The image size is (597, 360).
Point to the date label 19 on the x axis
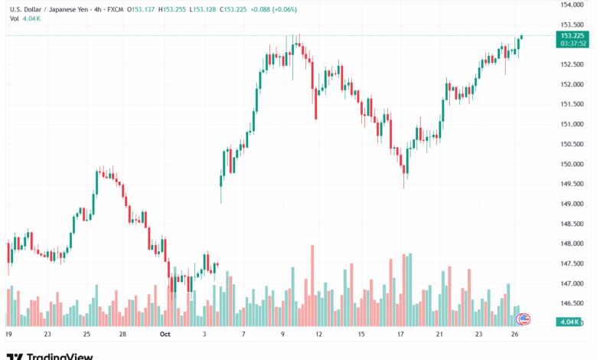click(8, 334)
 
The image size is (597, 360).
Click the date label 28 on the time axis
click(122, 334)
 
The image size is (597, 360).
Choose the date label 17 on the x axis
click(401, 334)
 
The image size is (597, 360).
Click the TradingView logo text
click(60, 355)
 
